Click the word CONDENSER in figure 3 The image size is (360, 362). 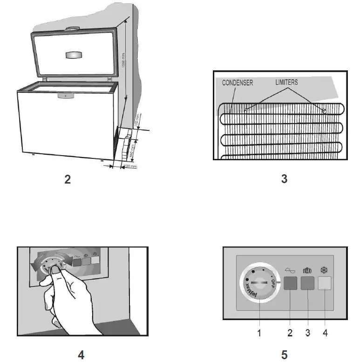237,83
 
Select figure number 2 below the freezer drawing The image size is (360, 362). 68,179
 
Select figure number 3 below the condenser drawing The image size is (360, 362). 284,178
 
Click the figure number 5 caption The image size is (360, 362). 284,355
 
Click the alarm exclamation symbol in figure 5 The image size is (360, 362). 307,270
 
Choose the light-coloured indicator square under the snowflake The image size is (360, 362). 325,283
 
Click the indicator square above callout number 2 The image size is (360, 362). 290,283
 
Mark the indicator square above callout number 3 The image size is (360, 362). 307,283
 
